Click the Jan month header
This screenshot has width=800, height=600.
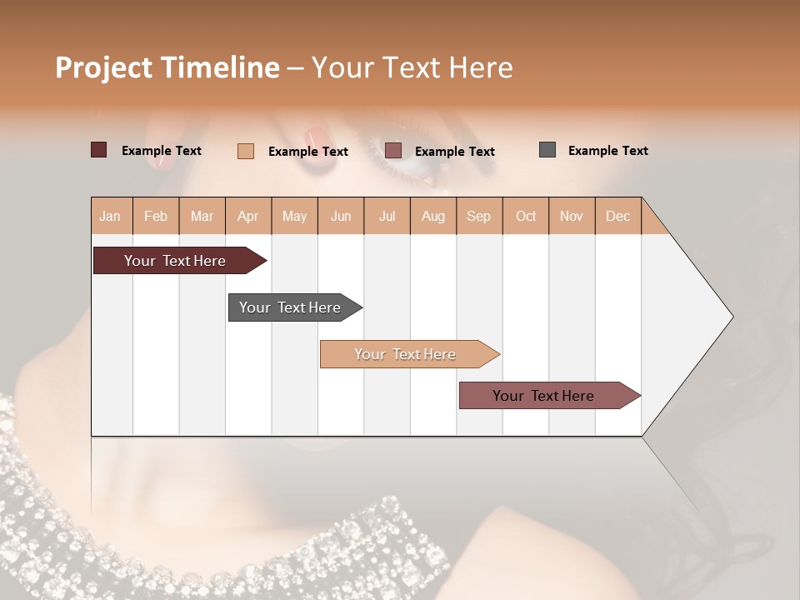(111, 216)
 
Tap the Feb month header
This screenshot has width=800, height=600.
(156, 216)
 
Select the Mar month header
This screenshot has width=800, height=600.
(202, 216)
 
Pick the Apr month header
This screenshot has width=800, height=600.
(248, 216)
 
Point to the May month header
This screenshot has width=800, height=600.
(294, 216)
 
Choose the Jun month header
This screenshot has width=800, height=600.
(341, 216)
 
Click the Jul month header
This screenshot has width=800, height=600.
(387, 216)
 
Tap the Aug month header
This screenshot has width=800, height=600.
(433, 216)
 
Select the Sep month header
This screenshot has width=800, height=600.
(479, 216)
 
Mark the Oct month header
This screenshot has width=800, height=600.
(526, 216)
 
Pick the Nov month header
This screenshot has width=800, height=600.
(572, 216)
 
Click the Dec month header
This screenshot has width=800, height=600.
(618, 216)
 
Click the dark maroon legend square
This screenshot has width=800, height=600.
(99, 150)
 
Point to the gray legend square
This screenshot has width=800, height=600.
(547, 150)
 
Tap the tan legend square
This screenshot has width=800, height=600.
(246, 151)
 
